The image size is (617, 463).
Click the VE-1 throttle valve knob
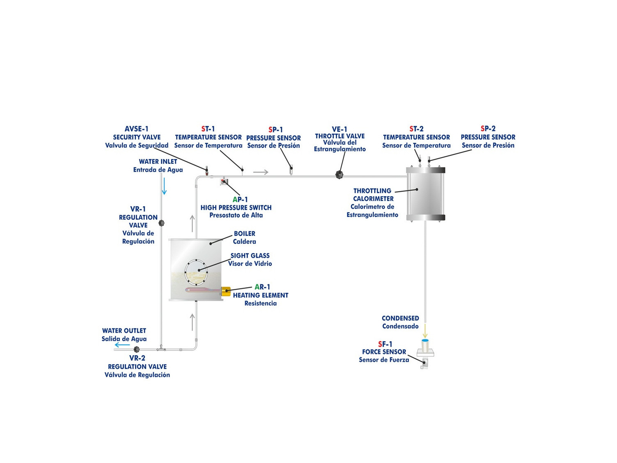(x=339, y=175)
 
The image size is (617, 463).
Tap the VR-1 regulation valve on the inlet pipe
(x=162, y=223)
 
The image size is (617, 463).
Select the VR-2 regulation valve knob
(x=137, y=349)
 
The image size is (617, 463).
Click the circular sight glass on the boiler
(x=196, y=272)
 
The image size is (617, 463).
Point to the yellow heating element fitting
(x=226, y=292)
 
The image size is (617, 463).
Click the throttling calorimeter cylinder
(x=425, y=193)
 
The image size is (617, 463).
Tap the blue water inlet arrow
(x=164, y=186)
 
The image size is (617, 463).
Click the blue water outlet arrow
(x=122, y=345)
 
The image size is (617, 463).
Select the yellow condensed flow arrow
(x=425, y=332)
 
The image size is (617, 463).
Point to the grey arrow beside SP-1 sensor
(x=260, y=172)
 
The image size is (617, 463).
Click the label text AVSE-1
(x=137, y=129)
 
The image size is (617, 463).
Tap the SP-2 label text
(x=488, y=129)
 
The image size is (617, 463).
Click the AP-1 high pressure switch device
(x=224, y=181)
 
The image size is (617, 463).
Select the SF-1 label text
(x=385, y=344)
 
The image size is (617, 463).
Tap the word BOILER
(x=244, y=234)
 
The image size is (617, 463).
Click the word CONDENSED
(x=400, y=318)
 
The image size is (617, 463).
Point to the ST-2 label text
(x=416, y=129)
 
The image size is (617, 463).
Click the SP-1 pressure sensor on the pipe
(x=291, y=168)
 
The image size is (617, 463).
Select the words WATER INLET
(x=158, y=162)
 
